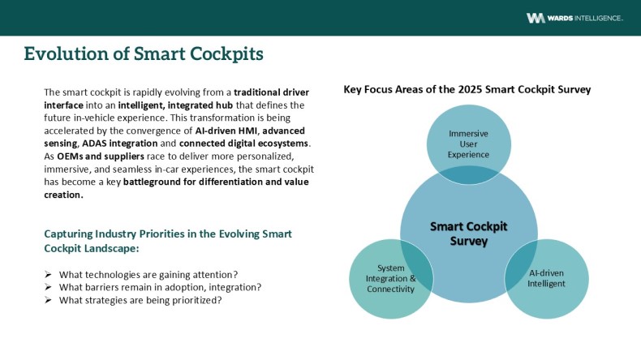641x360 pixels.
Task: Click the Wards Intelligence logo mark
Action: point(536,18)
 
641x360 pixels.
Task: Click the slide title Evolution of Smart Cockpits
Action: point(143,54)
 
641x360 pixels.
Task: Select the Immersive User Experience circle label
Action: point(469,144)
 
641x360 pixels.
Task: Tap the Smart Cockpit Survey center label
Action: point(469,234)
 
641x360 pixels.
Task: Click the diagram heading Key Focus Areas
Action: point(467,89)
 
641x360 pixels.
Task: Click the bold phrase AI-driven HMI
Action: point(226,130)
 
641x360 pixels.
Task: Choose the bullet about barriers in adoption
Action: point(164,287)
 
